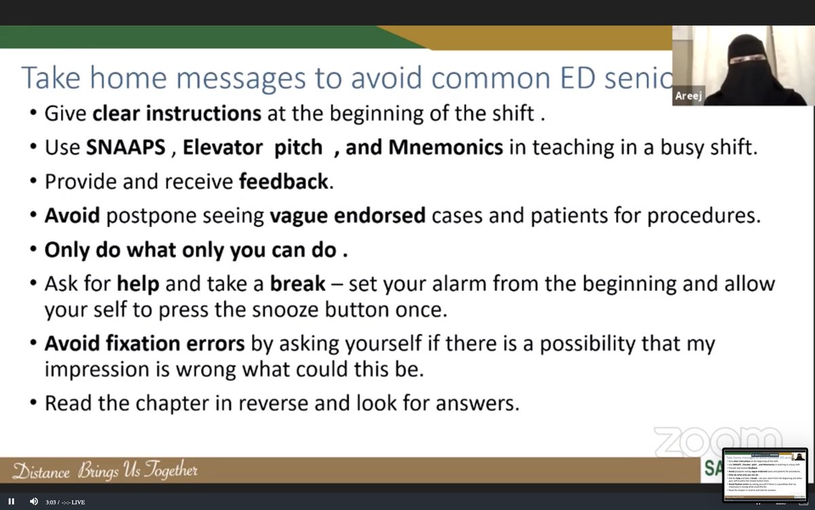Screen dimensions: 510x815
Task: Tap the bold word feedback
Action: pyautogui.click(x=283, y=182)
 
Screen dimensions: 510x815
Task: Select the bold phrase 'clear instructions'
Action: pyautogui.click(x=177, y=113)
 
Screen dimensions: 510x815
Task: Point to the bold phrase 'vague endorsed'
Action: pyautogui.click(x=348, y=216)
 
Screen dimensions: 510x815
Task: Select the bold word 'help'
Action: pyautogui.click(x=137, y=284)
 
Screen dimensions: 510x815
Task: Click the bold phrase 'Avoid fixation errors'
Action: pyautogui.click(x=145, y=343)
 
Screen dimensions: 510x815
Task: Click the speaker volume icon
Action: pyautogui.click(x=33, y=501)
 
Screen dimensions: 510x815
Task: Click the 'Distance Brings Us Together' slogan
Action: pyautogui.click(x=105, y=470)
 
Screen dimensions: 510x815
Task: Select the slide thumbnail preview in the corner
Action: pyautogui.click(x=765, y=474)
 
